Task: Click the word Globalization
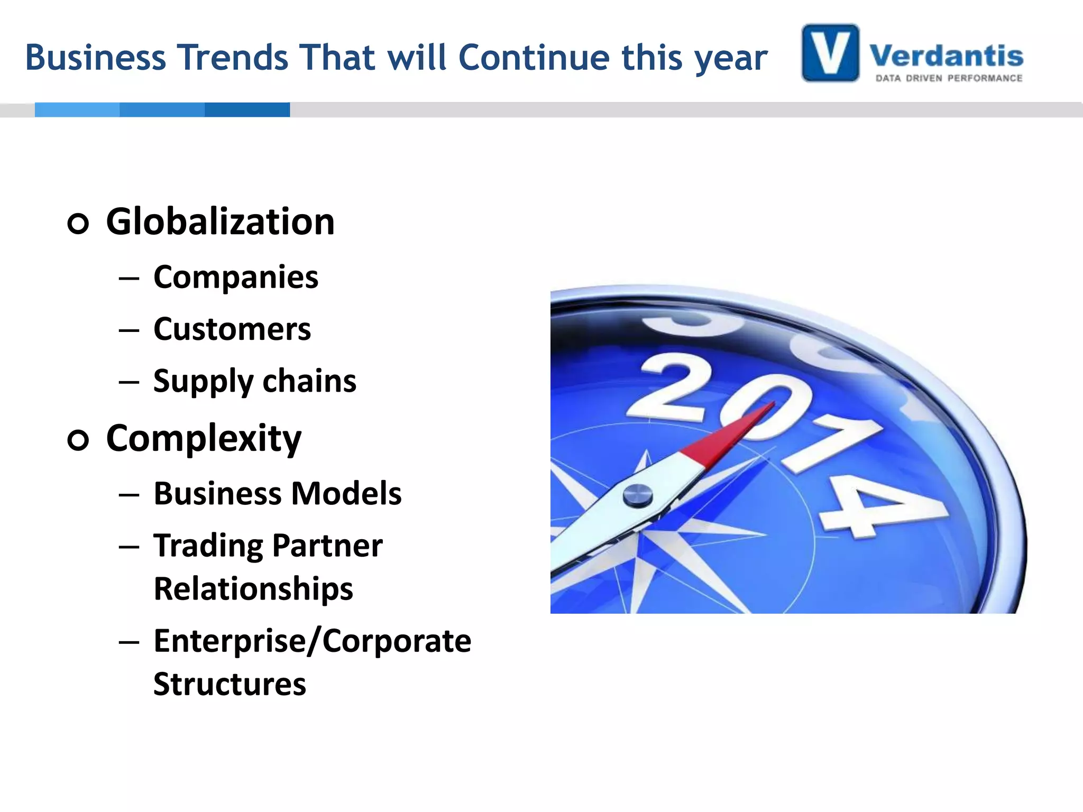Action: click(x=220, y=222)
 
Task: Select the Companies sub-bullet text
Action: click(x=236, y=277)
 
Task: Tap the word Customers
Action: click(x=232, y=329)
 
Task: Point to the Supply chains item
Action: click(x=255, y=381)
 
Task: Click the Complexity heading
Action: click(x=204, y=438)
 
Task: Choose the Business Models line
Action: click(x=278, y=493)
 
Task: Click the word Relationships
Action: click(x=253, y=588)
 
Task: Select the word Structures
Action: click(x=230, y=684)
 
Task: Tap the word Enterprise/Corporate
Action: click(x=312, y=641)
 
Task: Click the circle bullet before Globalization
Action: click(x=78, y=223)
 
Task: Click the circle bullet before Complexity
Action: click(x=78, y=440)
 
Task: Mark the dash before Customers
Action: click(x=129, y=330)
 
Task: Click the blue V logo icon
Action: click(x=830, y=53)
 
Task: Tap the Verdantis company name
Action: click(x=946, y=56)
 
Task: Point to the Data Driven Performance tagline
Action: click(x=949, y=78)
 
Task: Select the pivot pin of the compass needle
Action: click(x=637, y=495)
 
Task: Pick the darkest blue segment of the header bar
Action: click(x=247, y=109)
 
